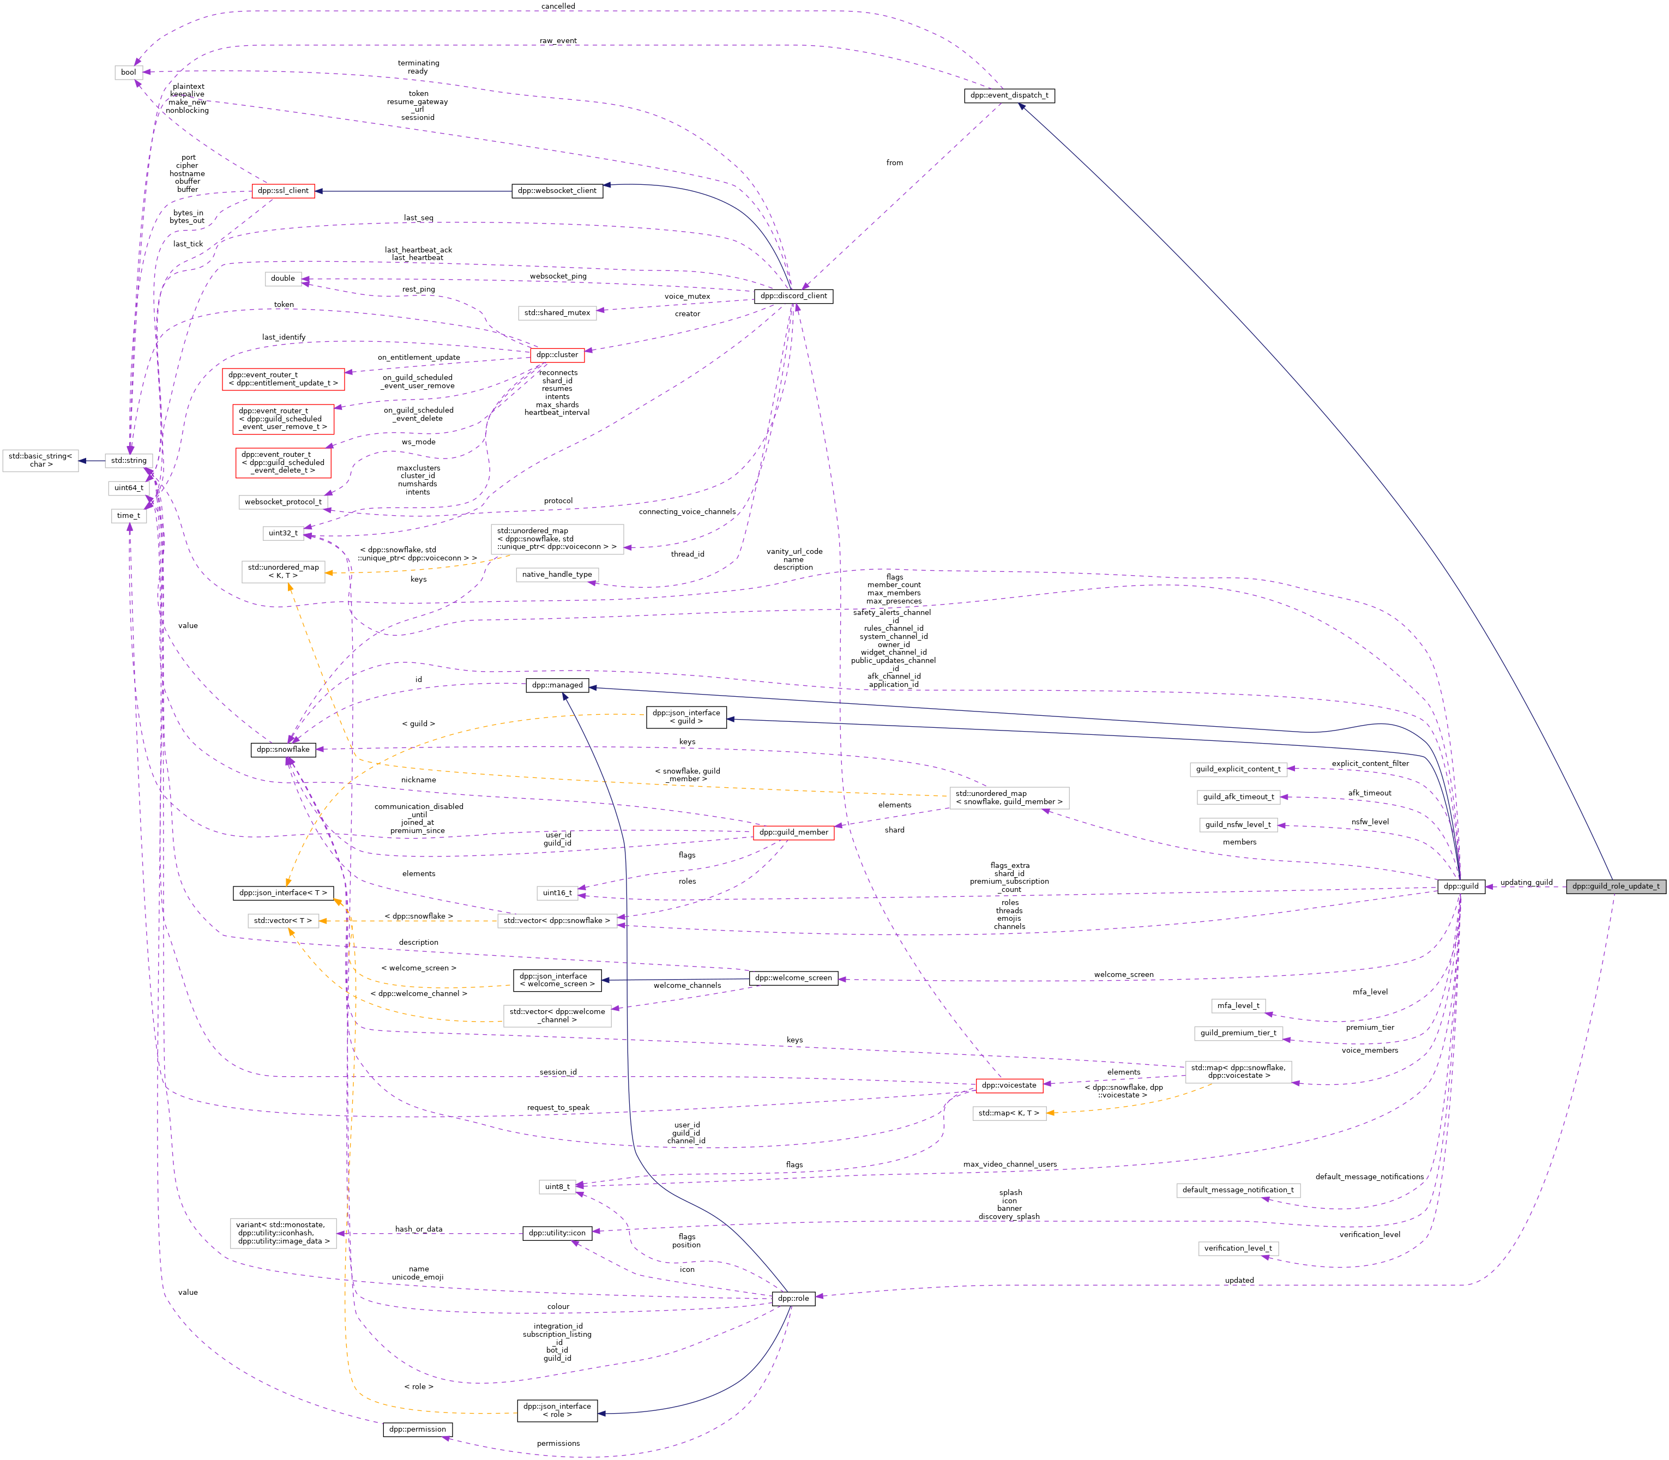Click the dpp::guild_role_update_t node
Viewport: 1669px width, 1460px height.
click(1615, 886)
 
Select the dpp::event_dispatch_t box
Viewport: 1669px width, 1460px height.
click(1009, 95)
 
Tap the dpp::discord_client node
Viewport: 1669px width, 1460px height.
click(793, 297)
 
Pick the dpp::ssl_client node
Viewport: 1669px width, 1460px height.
click(283, 191)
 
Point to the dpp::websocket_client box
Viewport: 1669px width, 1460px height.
click(557, 191)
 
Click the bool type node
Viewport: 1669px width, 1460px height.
click(129, 73)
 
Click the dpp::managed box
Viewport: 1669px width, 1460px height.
click(557, 685)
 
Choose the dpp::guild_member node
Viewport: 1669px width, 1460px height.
click(793, 832)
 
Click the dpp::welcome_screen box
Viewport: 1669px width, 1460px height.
click(793, 978)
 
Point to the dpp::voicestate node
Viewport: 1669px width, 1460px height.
click(1009, 1085)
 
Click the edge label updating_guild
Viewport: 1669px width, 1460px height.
click(1526, 882)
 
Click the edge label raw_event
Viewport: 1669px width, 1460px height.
click(557, 41)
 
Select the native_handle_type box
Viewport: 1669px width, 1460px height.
click(557, 575)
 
